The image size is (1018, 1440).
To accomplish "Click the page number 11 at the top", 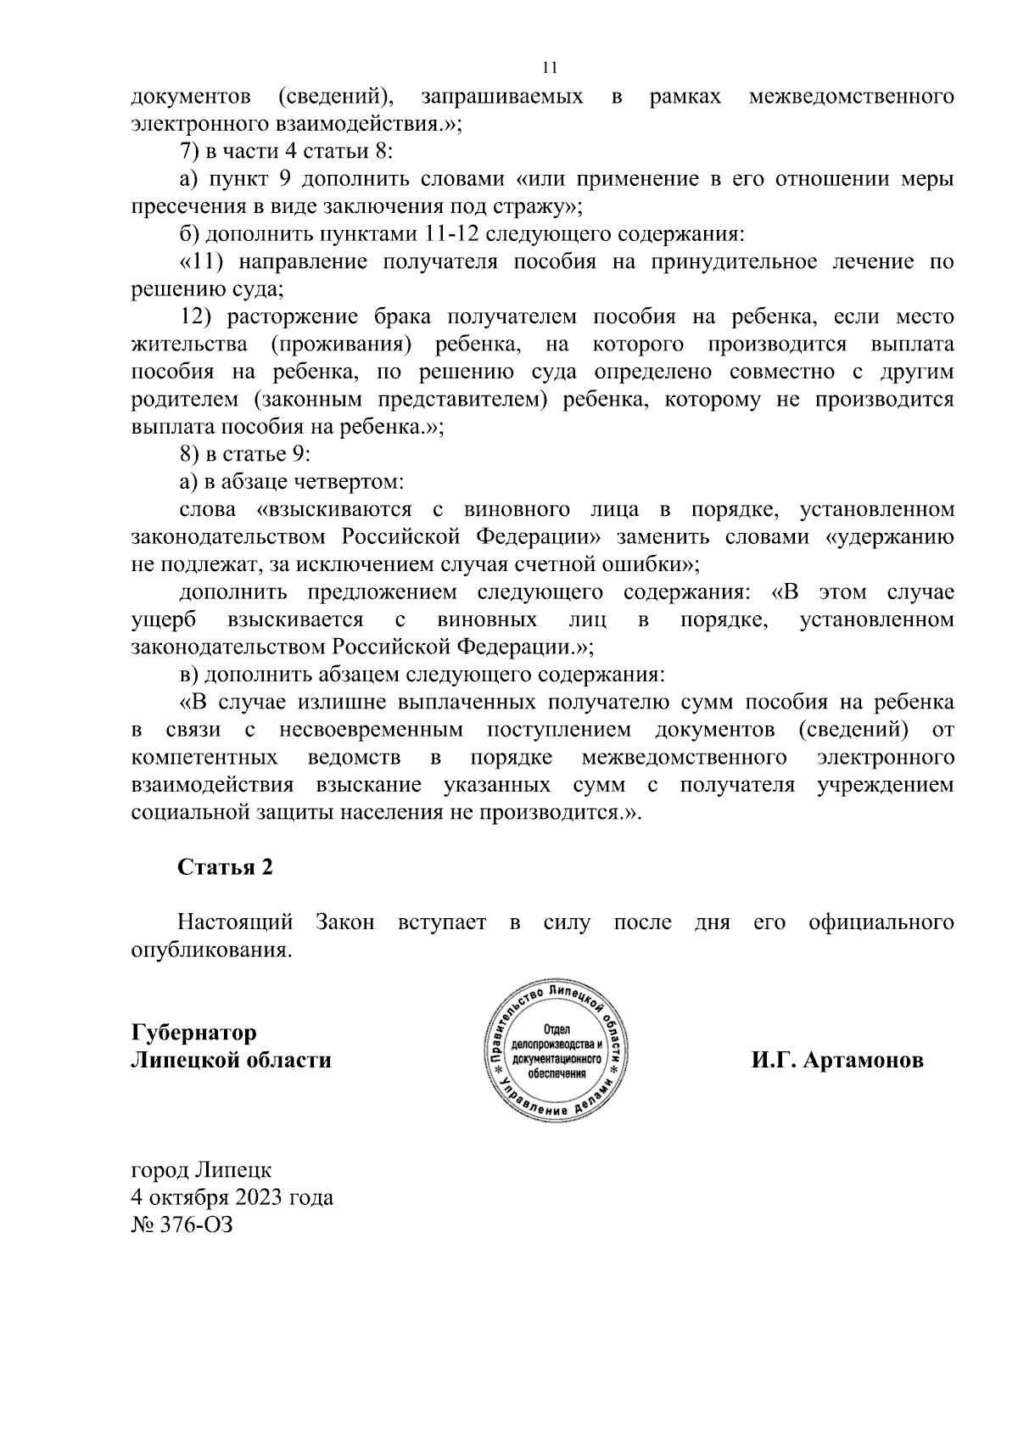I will tap(550, 68).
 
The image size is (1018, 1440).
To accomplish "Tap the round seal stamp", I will tap(557, 1051).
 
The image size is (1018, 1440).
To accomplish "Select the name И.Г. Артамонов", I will tap(836, 1061).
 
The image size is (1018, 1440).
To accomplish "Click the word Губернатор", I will tap(193, 1033).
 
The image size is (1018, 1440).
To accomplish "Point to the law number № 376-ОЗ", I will tap(181, 1225).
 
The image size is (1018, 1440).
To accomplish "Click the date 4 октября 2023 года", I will tap(232, 1197).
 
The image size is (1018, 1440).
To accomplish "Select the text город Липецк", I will tap(201, 1170).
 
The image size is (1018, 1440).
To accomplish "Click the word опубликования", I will tap(212, 950).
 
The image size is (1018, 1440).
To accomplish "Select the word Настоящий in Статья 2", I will tap(235, 922).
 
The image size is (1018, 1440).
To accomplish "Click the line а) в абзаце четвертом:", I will tap(291, 482).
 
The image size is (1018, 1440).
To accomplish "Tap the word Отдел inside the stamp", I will tap(557, 1029).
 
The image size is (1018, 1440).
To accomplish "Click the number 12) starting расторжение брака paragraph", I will tap(198, 317).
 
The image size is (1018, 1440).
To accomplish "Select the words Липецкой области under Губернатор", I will tap(231, 1061).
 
